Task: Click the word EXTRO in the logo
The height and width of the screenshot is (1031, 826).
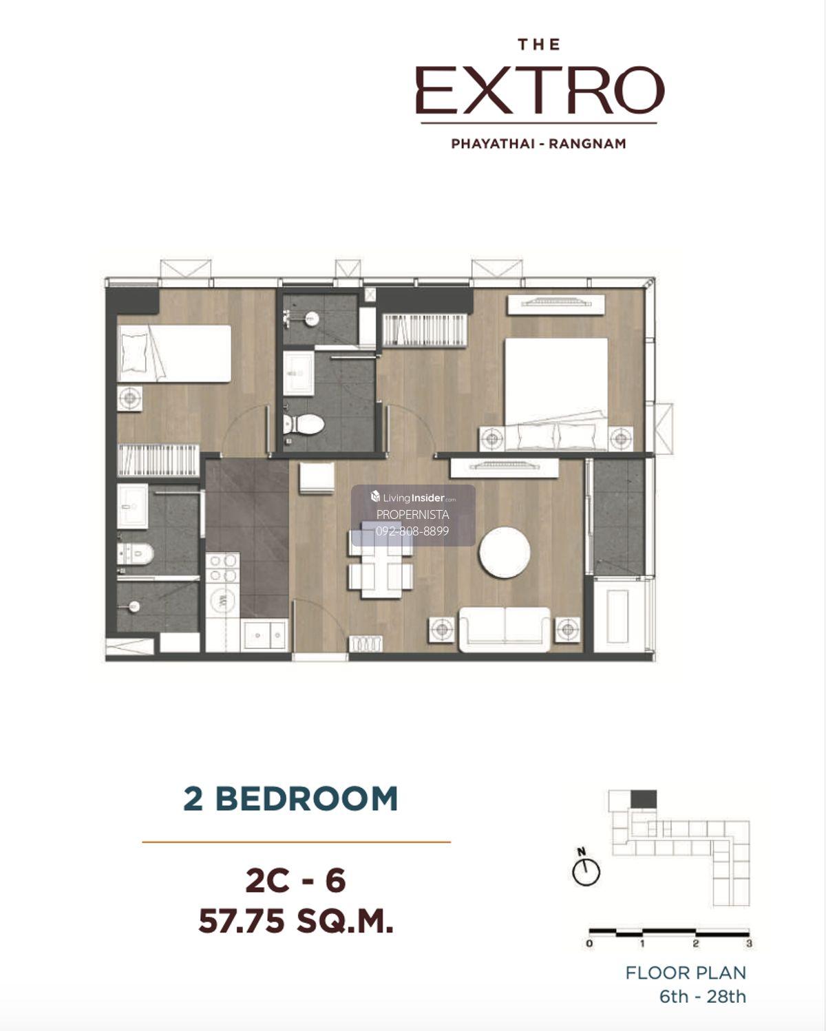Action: pyautogui.click(x=540, y=90)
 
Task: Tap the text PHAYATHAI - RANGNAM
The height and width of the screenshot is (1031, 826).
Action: pyautogui.click(x=538, y=144)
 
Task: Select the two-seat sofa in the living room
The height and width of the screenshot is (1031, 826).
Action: pyautogui.click(x=505, y=629)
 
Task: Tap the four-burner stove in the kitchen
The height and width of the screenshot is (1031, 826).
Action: pyautogui.click(x=223, y=568)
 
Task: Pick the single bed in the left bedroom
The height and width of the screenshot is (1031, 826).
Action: pyautogui.click(x=174, y=354)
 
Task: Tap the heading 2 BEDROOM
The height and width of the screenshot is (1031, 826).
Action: pyautogui.click(x=290, y=799)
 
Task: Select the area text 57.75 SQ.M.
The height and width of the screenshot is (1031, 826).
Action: pyautogui.click(x=295, y=921)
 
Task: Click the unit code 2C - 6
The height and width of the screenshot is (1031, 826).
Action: pyautogui.click(x=295, y=880)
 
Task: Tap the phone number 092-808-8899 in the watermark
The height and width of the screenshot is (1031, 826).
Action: pyautogui.click(x=412, y=531)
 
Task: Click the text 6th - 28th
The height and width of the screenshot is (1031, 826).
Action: pyautogui.click(x=702, y=996)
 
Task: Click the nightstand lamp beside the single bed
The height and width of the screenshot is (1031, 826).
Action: pyautogui.click(x=130, y=398)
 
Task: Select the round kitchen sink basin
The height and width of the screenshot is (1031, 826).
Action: pyautogui.click(x=223, y=599)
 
